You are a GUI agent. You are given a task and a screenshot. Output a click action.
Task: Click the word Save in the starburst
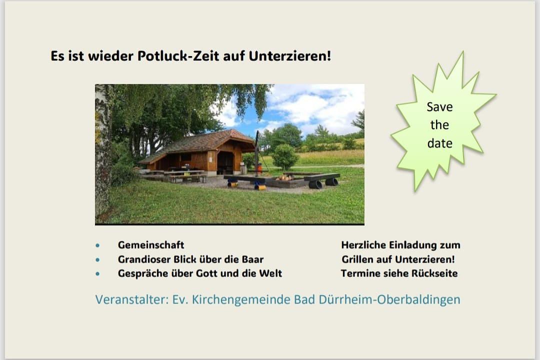tap(439, 106)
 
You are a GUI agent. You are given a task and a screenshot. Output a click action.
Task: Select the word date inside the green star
tap(439, 143)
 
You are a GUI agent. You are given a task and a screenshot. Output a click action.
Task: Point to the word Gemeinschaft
tap(151, 245)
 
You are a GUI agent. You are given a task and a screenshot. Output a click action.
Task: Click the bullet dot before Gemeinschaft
tap(98, 246)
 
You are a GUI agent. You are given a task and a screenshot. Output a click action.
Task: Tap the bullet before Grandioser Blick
tap(98, 260)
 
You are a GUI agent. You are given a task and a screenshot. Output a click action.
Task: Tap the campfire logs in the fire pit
tap(284, 177)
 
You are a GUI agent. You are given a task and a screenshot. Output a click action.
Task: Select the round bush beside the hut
tap(285, 155)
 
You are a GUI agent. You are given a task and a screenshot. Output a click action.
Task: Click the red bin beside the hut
tap(259, 168)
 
